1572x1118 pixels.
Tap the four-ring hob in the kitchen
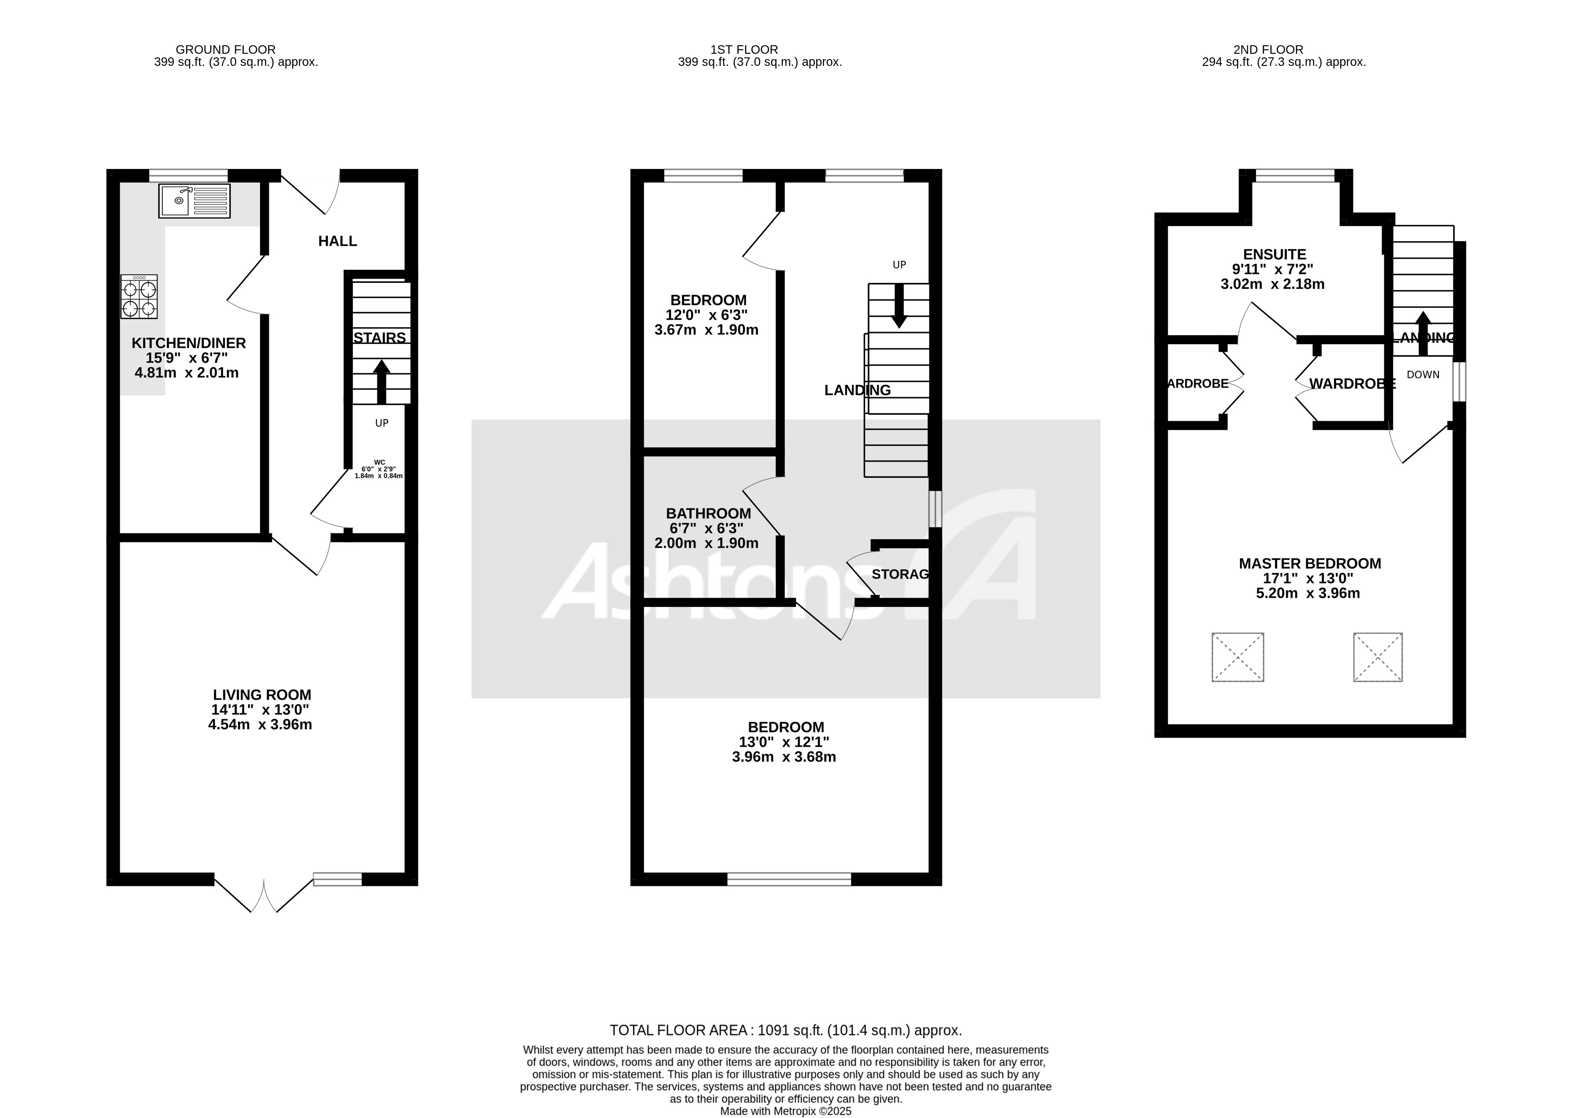(139, 297)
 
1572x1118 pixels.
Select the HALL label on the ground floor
(337, 241)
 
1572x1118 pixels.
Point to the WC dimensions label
(379, 469)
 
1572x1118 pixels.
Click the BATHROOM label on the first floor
(708, 514)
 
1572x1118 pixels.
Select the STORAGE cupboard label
(900, 574)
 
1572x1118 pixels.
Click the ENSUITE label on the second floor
(1274, 255)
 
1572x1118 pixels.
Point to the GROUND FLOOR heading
(226, 50)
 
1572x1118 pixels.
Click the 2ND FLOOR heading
(1268, 50)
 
